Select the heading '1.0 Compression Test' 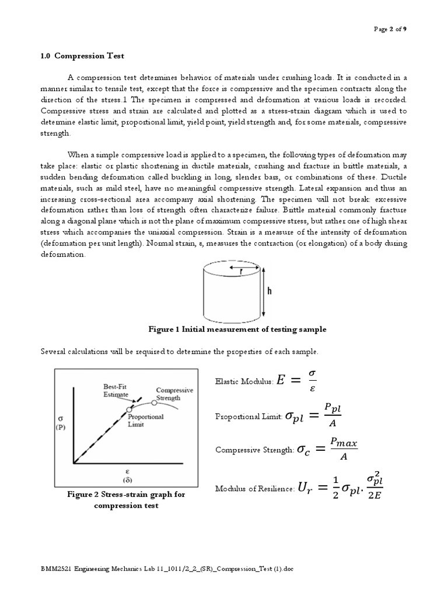[x=82, y=55]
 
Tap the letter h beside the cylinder [x=269, y=291]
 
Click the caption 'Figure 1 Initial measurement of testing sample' [x=238, y=329]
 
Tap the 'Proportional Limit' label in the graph [x=146, y=420]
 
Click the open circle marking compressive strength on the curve [x=154, y=402]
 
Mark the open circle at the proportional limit [x=129, y=411]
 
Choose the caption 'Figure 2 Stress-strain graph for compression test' [x=126, y=500]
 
